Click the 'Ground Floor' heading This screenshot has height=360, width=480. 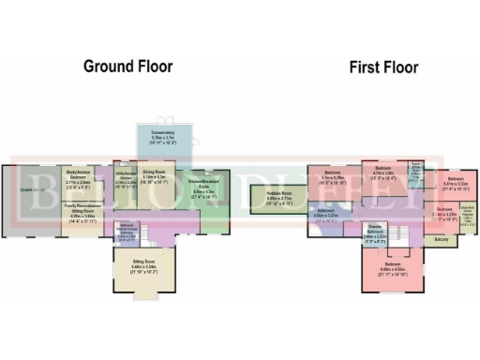click(x=128, y=66)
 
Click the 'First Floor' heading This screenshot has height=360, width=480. click(x=383, y=67)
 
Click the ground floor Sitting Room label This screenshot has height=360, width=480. click(x=137, y=268)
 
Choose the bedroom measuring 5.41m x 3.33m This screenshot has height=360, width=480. click(x=454, y=184)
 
